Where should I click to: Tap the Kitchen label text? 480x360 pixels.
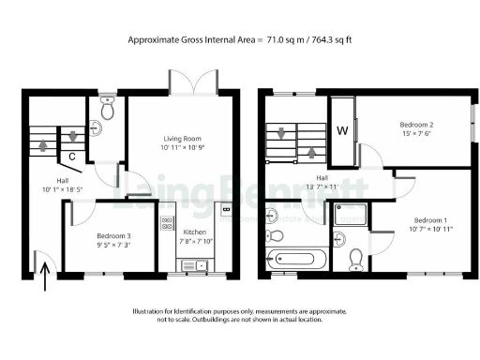[x=194, y=231]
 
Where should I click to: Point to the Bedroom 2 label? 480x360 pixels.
[x=417, y=124]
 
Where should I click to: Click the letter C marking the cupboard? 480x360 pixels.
[x=72, y=157]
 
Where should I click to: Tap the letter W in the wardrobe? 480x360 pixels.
[x=343, y=130]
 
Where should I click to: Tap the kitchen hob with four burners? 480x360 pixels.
[x=167, y=223]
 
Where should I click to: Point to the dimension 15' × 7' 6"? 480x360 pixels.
[x=417, y=133]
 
